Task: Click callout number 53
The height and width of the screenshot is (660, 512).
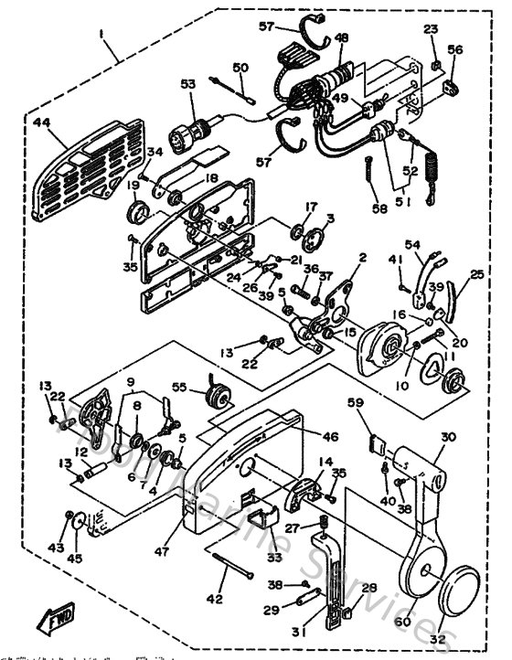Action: coord(187,85)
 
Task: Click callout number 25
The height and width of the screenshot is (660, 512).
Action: coord(476,274)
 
